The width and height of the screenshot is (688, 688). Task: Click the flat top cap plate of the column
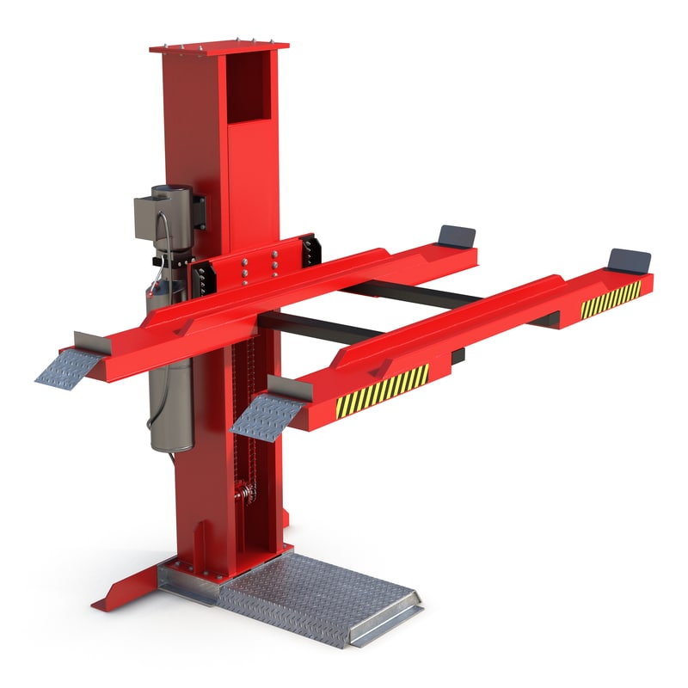[218, 46]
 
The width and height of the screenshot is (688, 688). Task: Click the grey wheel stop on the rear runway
[456, 236]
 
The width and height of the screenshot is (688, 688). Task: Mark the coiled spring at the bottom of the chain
[247, 494]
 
